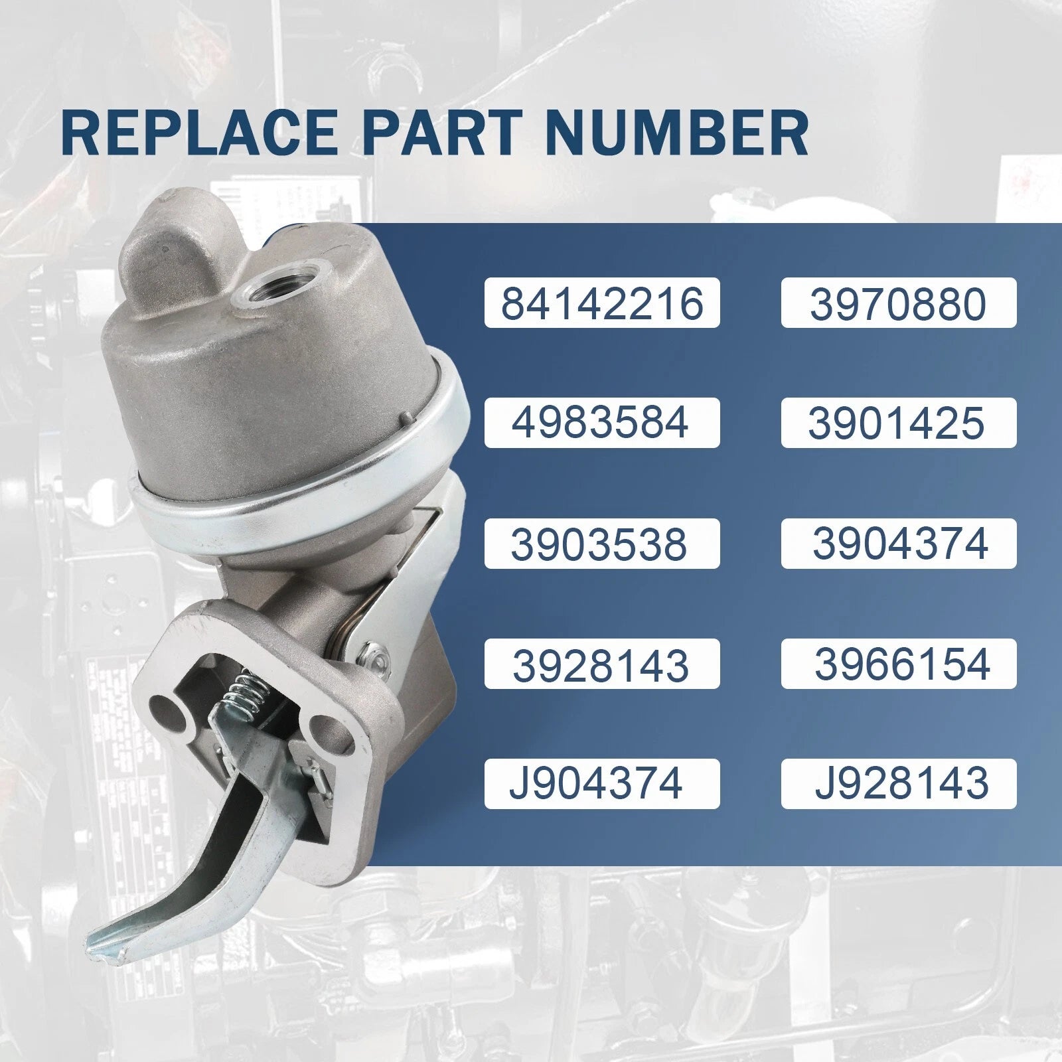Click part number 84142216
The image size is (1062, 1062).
(x=602, y=303)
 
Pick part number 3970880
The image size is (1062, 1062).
(x=899, y=303)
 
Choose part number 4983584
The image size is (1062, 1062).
(x=602, y=423)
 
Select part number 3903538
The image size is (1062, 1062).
(x=599, y=544)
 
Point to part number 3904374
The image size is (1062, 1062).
(x=901, y=544)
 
